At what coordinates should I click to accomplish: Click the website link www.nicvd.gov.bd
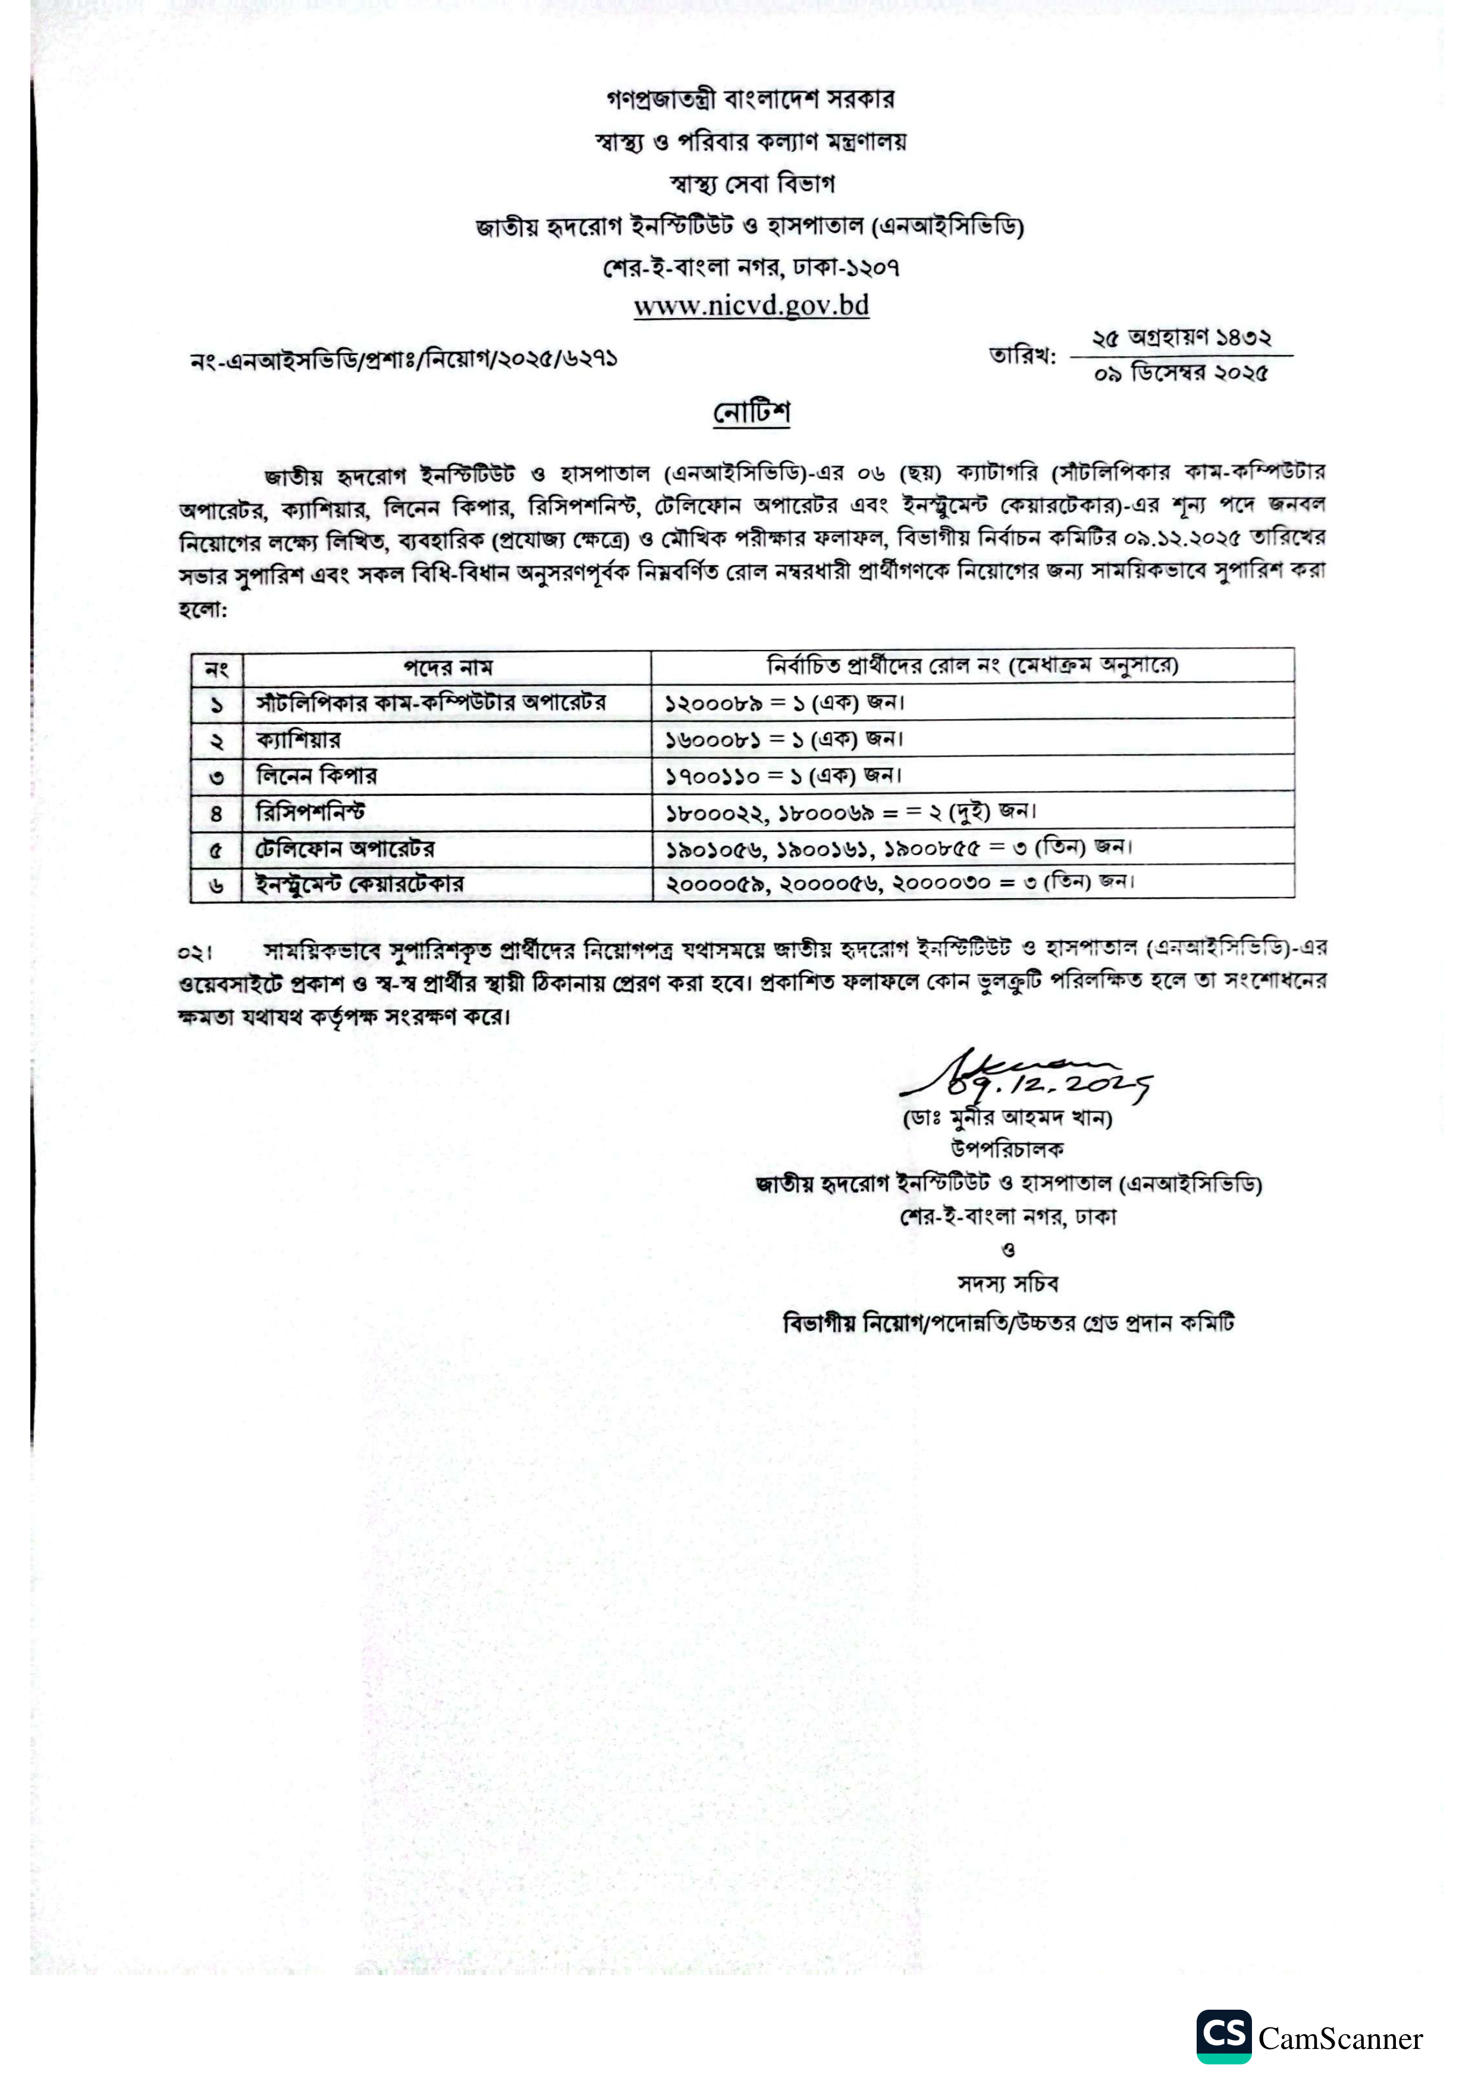[x=751, y=306]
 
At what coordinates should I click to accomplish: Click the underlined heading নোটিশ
[x=751, y=413]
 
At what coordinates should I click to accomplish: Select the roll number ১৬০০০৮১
[x=711, y=739]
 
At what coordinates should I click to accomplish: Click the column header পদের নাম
[x=447, y=668]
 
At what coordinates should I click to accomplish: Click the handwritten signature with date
[x=1027, y=1077]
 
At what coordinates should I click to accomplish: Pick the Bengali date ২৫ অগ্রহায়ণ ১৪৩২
[x=1181, y=338]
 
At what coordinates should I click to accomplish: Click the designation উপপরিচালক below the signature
[x=1007, y=1150]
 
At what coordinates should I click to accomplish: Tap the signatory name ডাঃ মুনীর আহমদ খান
[x=1007, y=1117]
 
